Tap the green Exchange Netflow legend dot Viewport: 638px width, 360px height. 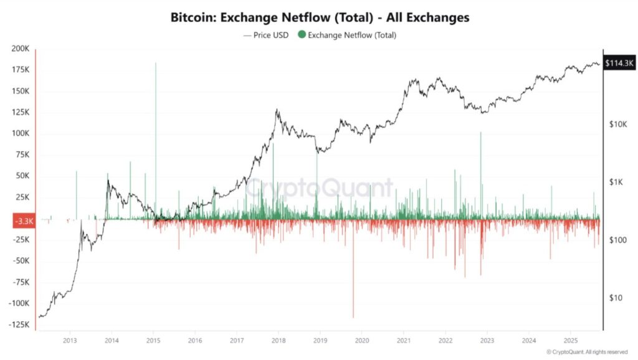click(302, 35)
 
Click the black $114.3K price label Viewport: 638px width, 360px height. click(619, 63)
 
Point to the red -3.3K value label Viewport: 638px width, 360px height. click(24, 220)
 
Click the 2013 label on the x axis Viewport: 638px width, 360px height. click(70, 341)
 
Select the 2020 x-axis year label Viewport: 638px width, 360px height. click(362, 341)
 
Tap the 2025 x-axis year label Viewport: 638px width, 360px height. click(571, 341)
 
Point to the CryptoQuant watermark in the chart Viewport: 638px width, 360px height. click(318, 187)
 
